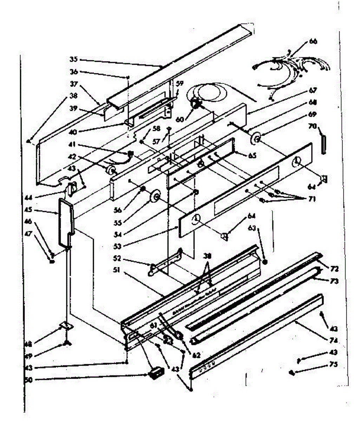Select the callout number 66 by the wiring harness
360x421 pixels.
(x=313, y=41)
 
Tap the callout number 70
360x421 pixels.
(x=312, y=126)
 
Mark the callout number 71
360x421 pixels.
(x=312, y=199)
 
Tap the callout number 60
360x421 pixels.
(x=180, y=119)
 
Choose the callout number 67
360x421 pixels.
(x=313, y=91)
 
